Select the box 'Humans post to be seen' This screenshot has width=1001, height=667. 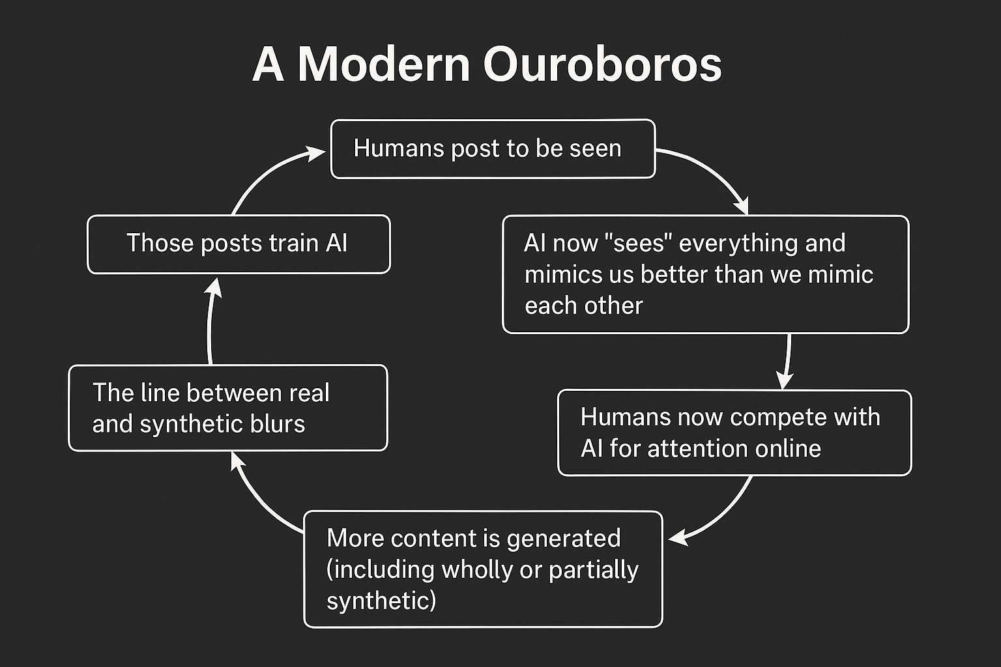[493, 149]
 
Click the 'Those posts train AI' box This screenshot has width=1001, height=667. [239, 244]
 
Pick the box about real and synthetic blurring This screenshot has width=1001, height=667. [228, 408]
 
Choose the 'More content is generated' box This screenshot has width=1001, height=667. [483, 569]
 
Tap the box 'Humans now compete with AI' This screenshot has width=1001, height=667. [734, 433]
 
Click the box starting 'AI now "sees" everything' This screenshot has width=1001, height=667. [705, 274]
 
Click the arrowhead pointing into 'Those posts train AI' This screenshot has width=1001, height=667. [214, 287]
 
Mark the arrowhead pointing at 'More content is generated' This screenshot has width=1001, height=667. [678, 538]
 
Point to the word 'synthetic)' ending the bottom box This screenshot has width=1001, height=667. [381, 600]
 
